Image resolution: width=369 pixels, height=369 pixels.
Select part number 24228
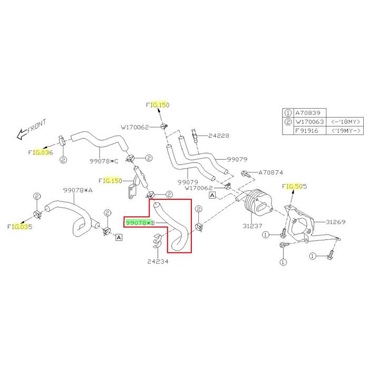click(219, 135)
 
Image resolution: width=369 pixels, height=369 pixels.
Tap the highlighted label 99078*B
click(140, 223)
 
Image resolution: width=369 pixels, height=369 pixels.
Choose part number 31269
click(335, 222)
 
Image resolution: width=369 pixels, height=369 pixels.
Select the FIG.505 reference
click(295, 186)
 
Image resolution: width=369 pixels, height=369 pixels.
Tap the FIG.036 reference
click(41, 152)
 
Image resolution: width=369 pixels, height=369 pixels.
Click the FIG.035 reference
click(20, 227)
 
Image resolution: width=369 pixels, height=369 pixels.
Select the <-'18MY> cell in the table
click(345, 122)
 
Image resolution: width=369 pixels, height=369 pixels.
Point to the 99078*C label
click(104, 161)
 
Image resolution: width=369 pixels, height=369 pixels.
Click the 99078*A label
click(77, 190)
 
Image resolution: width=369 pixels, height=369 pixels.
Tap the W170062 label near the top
click(135, 127)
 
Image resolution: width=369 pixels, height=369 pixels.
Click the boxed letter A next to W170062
click(212, 195)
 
